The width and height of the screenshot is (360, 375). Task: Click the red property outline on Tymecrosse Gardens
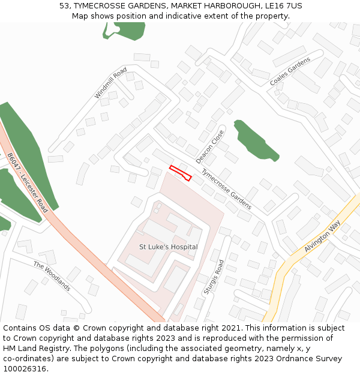pyautogui.click(x=180, y=172)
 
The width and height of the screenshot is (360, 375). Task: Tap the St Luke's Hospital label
pyautogui.click(x=168, y=247)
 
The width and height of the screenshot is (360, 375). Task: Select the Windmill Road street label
pyautogui.click(x=111, y=83)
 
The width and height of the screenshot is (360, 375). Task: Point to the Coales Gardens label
pyautogui.click(x=290, y=72)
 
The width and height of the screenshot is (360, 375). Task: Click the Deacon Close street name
pyautogui.click(x=210, y=146)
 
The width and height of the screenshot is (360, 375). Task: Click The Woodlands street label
pyautogui.click(x=52, y=276)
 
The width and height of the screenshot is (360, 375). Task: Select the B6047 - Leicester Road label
pyautogui.click(x=28, y=182)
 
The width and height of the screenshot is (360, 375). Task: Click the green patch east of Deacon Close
pyautogui.click(x=255, y=140)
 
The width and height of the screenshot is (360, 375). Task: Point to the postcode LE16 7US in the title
pyautogui.click(x=282, y=6)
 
